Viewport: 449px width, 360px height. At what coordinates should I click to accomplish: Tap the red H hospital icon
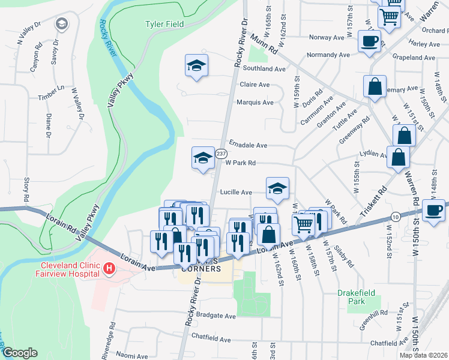(x=109, y=269)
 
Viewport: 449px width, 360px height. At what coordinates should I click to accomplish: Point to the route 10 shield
(x=394, y=216)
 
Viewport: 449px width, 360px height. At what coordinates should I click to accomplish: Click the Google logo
(x=20, y=353)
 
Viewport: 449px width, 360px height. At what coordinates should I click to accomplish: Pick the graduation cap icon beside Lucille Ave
(x=277, y=188)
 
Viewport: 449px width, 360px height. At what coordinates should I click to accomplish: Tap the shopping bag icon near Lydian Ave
(x=398, y=158)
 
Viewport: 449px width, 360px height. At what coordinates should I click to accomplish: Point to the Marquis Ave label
(x=255, y=102)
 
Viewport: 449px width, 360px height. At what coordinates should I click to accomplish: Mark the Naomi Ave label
(x=133, y=356)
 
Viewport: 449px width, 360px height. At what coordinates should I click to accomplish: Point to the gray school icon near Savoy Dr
(x=61, y=24)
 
